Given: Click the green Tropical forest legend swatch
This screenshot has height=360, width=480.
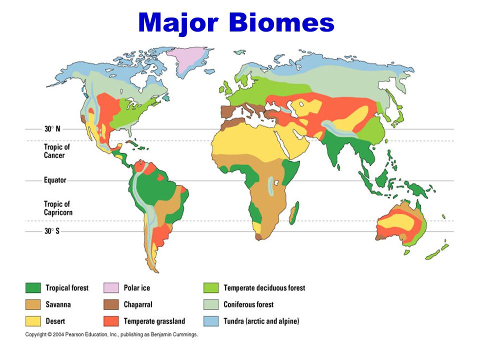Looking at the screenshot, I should [x=33, y=288].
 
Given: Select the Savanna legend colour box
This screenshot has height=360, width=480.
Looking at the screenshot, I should [x=33, y=304].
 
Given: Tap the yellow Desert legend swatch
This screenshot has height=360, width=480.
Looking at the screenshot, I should [x=33, y=321].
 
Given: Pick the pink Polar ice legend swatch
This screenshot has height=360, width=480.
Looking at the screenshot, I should [x=110, y=288].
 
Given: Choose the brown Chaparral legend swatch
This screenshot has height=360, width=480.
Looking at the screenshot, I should [x=110, y=304].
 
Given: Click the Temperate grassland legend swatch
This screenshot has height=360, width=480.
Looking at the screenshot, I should [x=110, y=321].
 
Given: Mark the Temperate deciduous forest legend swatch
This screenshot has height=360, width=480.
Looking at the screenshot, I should [x=210, y=288].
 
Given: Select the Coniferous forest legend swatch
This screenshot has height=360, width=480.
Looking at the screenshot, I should [x=210, y=304].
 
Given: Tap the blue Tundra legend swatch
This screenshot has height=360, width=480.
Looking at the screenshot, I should [x=210, y=321].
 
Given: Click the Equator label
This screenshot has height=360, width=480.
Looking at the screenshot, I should [x=54, y=180].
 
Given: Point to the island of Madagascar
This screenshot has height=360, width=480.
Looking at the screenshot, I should [x=293, y=212].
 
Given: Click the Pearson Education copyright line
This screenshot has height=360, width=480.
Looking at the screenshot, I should [x=111, y=334].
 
